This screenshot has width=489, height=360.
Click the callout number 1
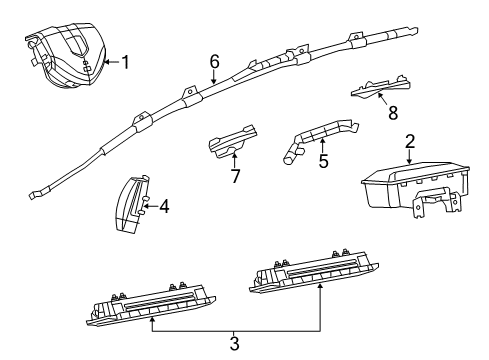125,62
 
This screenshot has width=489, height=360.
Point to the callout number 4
164,208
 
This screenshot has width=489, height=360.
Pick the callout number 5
322,159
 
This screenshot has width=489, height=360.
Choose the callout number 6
214,62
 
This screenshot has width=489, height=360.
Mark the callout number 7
236,177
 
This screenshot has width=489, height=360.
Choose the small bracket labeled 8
381,92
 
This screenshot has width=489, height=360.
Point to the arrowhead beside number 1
108,62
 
